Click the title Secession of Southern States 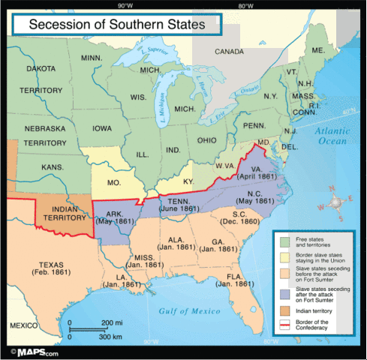point(116,25)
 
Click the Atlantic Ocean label point(336,135)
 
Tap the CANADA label point(229,52)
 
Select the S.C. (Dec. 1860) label point(239,217)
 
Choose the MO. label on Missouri point(116,182)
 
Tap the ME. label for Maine point(318,49)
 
